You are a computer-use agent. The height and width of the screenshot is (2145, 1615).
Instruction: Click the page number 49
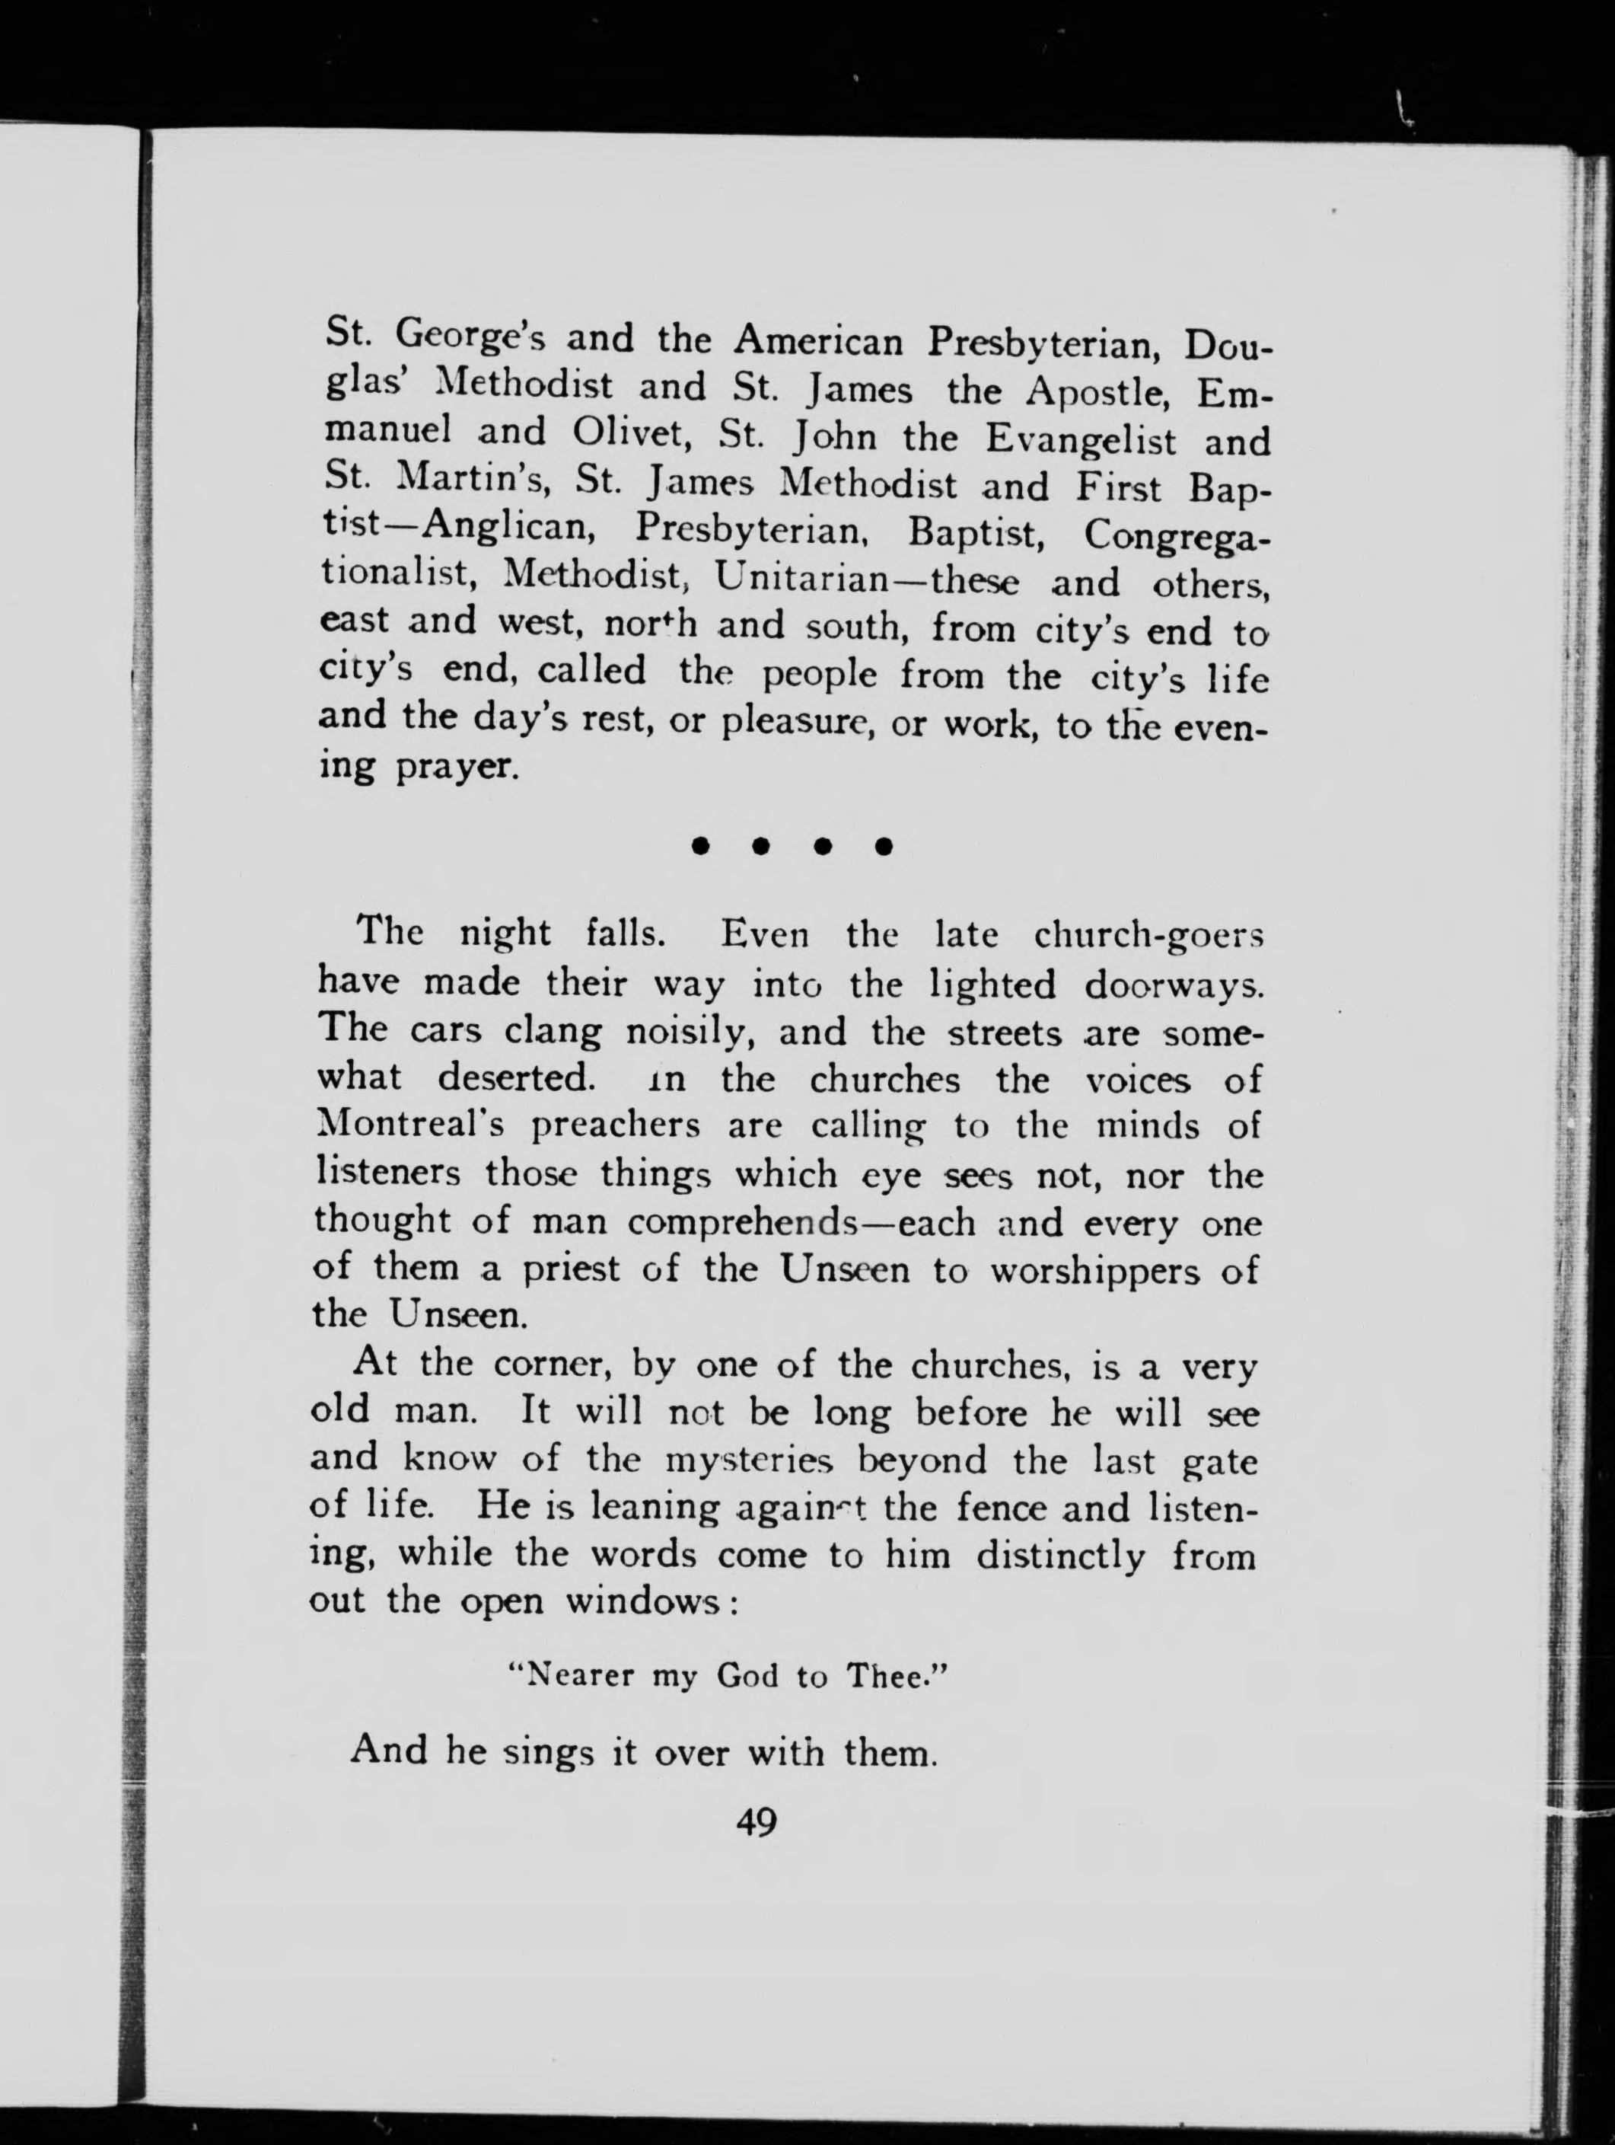point(756,1823)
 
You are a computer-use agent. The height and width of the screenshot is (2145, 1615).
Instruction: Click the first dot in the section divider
point(699,847)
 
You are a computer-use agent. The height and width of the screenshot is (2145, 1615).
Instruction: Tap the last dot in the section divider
point(882,847)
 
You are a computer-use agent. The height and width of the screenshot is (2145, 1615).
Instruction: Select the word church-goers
point(1148,935)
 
